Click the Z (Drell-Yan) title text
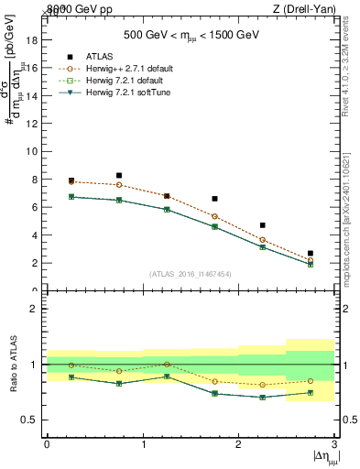pyautogui.click(x=303, y=8)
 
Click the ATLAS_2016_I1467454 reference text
pyautogui.click(x=191, y=274)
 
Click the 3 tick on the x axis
pyautogui.click(x=335, y=444)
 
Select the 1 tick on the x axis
pyautogui.click(x=143, y=444)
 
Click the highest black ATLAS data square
pyautogui.click(x=119, y=175)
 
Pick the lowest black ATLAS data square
pyautogui.click(x=311, y=253)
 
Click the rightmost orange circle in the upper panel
pyautogui.click(x=311, y=260)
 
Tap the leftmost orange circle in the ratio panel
pyautogui.click(x=71, y=365)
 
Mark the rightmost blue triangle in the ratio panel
pyautogui.click(x=311, y=393)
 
